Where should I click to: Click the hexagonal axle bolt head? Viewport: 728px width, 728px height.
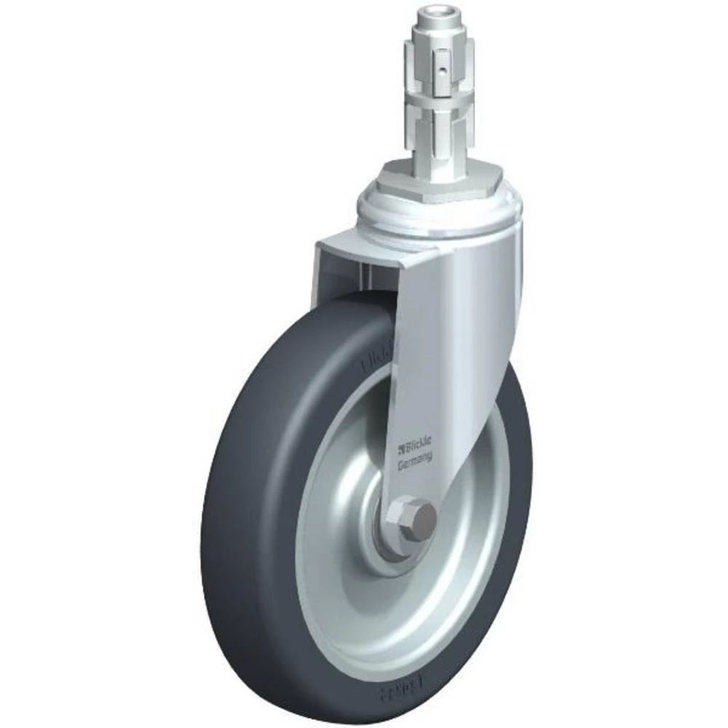click(x=419, y=518)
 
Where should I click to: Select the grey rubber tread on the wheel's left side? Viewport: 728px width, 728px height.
click(x=233, y=510)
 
